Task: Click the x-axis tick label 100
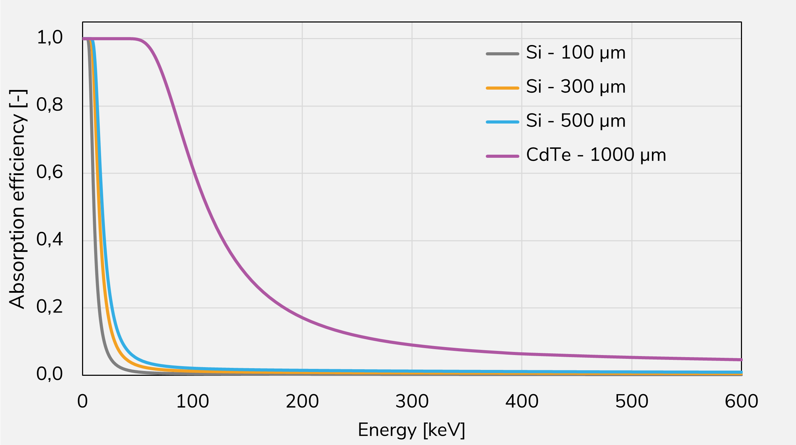coord(193,401)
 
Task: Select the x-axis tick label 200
coord(302,401)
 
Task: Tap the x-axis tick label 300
coord(412,401)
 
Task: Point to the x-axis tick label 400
coord(522,401)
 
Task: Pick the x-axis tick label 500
coord(632,401)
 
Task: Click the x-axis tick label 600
coord(741,401)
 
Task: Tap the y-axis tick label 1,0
coord(50,37)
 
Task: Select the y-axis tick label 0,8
coord(50,105)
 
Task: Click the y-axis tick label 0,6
coord(50,172)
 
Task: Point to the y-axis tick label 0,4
coord(50,239)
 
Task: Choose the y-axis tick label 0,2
coord(50,307)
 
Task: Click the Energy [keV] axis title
coord(411,430)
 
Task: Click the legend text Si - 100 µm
coord(576,53)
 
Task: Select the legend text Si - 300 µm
coord(576,87)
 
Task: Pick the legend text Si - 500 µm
coord(576,121)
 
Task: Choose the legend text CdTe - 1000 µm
coord(596,155)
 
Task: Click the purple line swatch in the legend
coord(502,156)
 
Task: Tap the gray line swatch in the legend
coord(502,54)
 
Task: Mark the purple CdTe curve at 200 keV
coord(302,317)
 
